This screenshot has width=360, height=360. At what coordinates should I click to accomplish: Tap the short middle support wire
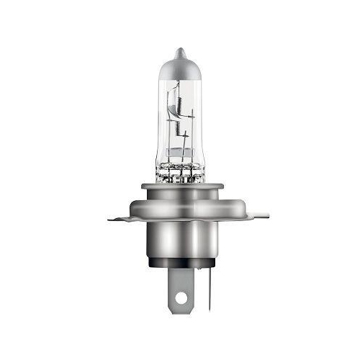point(180,155)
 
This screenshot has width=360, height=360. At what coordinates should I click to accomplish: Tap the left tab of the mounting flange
point(119,216)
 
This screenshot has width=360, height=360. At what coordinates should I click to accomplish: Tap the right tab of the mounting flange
point(241,216)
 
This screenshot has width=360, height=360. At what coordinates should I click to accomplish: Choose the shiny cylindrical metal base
point(179,241)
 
